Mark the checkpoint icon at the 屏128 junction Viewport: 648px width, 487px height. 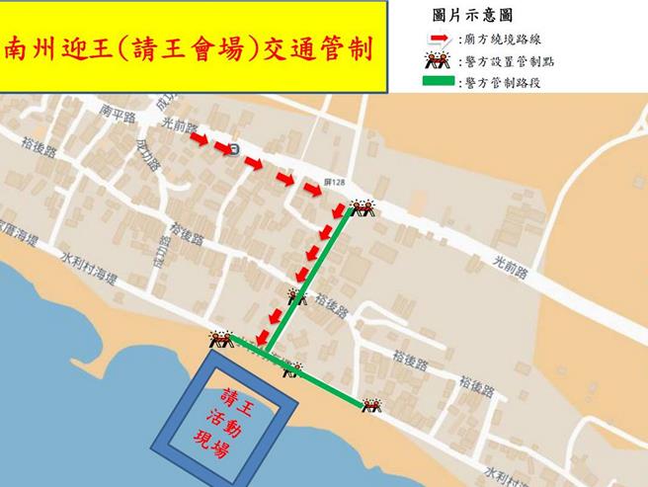click(360, 207)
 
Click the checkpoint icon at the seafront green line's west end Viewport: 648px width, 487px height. click(220, 340)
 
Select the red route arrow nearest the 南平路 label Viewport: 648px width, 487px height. click(199, 141)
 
